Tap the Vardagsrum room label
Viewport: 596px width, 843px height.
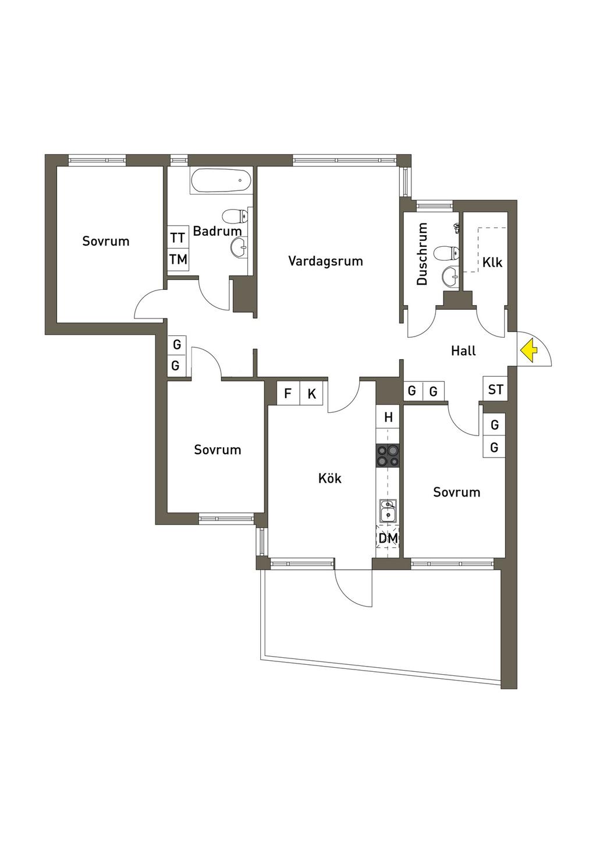(x=325, y=261)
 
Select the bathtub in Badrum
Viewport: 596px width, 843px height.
(x=221, y=180)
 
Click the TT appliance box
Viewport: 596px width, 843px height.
(x=178, y=238)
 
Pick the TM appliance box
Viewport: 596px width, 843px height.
(x=178, y=259)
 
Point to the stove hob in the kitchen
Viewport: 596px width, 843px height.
(x=387, y=455)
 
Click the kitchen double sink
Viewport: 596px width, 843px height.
(x=387, y=511)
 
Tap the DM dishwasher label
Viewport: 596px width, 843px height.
(x=388, y=539)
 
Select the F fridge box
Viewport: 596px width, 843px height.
(x=288, y=394)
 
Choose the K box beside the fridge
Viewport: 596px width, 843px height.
(x=311, y=394)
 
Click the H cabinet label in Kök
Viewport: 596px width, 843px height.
(x=388, y=417)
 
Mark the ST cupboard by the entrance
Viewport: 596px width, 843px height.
(x=495, y=389)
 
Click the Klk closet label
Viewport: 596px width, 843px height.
(x=492, y=263)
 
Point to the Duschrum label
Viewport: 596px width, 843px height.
(x=422, y=254)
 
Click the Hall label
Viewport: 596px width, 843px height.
(x=463, y=350)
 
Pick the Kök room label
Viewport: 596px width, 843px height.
(x=329, y=479)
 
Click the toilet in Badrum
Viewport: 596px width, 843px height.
(x=235, y=217)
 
